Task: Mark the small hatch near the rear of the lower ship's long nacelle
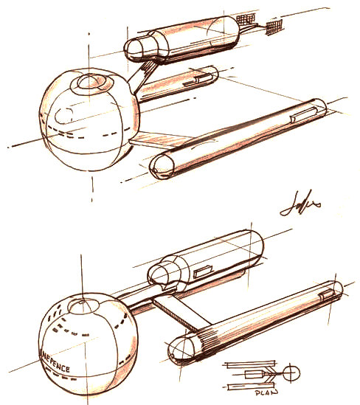coord(327,294)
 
